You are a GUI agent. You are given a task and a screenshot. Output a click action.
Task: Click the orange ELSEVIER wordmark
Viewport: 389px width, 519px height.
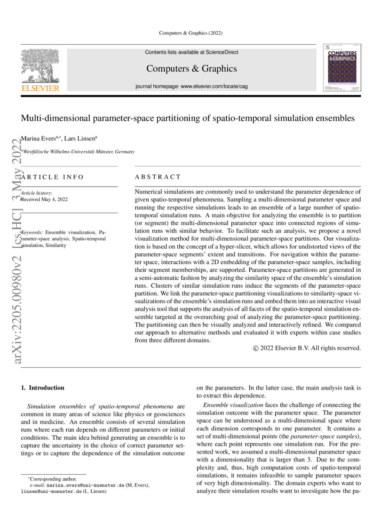[40, 88]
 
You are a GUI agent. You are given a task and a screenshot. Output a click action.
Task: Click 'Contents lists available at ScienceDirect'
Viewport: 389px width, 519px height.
[191, 52]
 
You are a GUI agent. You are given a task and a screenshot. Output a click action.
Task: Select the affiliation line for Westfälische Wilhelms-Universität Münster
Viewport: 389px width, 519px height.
[78, 152]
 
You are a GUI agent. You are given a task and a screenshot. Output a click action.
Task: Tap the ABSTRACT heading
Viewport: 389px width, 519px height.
[158, 177]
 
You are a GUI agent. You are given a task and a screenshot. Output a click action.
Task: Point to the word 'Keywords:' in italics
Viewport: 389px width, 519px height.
[32, 233]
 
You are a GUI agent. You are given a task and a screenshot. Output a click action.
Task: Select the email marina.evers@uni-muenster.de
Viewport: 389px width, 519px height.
[86, 485]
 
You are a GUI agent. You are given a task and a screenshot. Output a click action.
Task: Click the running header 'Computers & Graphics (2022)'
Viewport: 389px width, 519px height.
[191, 32]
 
